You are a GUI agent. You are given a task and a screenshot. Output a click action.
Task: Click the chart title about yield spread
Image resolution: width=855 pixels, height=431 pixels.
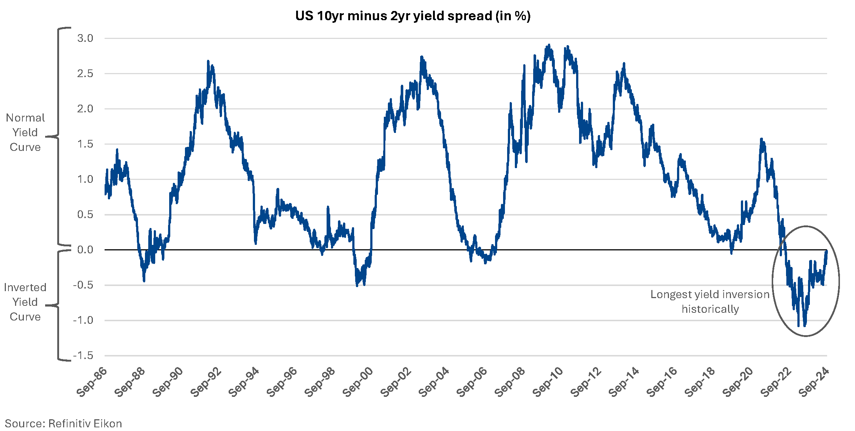tap(413, 16)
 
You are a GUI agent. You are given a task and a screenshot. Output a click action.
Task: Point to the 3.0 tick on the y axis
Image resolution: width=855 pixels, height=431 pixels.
tap(85, 38)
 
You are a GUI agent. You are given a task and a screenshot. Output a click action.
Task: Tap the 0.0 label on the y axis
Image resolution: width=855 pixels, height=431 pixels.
tap(85, 250)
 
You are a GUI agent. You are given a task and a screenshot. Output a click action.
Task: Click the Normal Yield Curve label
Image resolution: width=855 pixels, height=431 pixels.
tap(25, 132)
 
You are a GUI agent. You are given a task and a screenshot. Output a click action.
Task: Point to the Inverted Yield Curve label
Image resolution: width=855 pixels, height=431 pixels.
tap(25, 302)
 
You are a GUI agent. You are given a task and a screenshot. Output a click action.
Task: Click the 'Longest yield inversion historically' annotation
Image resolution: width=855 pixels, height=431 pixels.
tap(710, 301)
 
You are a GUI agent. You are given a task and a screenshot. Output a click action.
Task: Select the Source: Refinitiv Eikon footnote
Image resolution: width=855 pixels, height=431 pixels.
tap(63, 423)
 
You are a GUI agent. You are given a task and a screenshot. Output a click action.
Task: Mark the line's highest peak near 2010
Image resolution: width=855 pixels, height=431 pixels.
tap(549, 45)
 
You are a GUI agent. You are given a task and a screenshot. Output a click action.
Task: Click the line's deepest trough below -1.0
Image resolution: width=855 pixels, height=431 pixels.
tap(798, 325)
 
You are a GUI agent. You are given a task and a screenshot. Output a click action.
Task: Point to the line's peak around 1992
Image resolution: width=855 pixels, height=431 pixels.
tap(208, 61)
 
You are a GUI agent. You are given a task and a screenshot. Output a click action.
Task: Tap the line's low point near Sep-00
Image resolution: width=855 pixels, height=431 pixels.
tap(357, 286)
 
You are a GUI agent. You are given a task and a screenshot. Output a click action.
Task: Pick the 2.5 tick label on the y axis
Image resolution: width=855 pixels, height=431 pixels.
tap(85, 73)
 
